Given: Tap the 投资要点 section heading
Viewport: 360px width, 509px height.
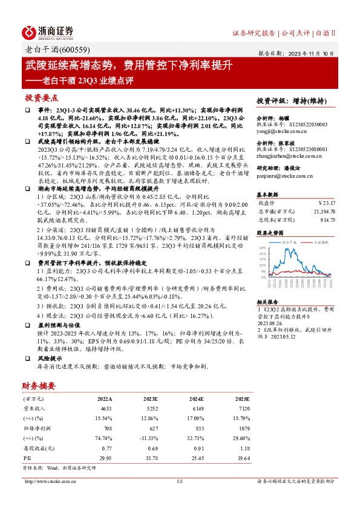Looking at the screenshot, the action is [42, 97].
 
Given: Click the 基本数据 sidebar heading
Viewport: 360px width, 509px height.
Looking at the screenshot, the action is [268, 195].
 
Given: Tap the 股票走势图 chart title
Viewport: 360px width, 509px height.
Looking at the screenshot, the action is [269, 232].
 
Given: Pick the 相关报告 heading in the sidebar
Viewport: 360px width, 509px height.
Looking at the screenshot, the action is [267, 301].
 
